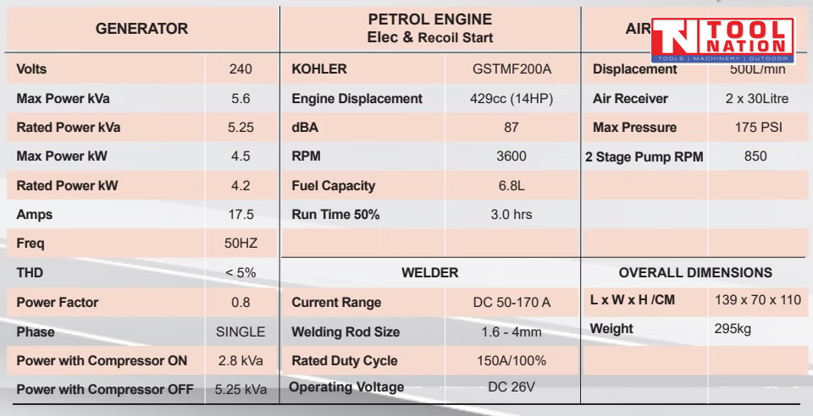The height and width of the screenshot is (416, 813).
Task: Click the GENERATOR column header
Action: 141,29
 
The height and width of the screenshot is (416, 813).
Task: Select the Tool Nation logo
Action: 722,41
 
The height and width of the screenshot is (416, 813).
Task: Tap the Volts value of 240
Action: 241,69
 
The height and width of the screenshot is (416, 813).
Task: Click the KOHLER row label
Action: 318,69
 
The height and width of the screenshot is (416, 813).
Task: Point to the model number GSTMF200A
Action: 512,69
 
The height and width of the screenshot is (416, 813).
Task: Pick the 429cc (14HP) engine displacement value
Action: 512,99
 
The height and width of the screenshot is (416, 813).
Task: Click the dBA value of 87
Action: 512,128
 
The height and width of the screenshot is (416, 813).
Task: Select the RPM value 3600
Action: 512,156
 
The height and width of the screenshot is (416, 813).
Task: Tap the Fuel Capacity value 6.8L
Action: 512,186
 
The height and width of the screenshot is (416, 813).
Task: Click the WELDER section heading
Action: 429,273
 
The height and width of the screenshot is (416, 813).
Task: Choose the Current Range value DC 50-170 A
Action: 512,303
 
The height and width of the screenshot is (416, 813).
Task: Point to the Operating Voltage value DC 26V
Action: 512,387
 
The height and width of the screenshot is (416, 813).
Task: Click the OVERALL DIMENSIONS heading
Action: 695,273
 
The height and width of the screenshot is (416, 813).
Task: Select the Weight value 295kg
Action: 733,329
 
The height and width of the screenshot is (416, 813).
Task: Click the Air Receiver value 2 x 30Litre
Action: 756,99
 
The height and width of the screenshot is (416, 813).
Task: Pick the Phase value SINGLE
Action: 241,332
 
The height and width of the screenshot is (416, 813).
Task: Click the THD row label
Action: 30,273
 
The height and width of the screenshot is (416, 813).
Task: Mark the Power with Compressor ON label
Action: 102,361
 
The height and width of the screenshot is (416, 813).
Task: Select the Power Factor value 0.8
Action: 241,303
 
